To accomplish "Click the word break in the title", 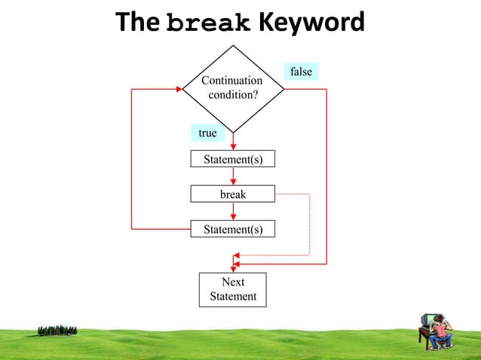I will click(x=209, y=23).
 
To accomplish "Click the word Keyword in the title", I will click(x=311, y=23).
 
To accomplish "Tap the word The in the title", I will click(x=138, y=23).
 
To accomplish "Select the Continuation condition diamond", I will click(x=233, y=88).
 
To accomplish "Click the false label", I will click(x=301, y=72).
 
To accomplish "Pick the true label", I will click(x=207, y=133).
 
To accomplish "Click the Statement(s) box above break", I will click(x=233, y=159).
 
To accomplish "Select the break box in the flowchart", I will click(x=233, y=194).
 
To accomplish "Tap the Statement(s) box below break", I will click(x=233, y=229).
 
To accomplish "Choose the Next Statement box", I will click(x=233, y=289).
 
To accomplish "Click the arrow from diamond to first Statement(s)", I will click(x=233, y=142).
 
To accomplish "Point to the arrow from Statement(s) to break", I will click(x=233, y=176).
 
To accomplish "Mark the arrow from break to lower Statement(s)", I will click(x=233, y=212).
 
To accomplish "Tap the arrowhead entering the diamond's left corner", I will click(x=178, y=89).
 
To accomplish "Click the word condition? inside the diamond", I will click(x=233, y=95).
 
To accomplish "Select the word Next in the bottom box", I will click(x=233, y=282).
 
